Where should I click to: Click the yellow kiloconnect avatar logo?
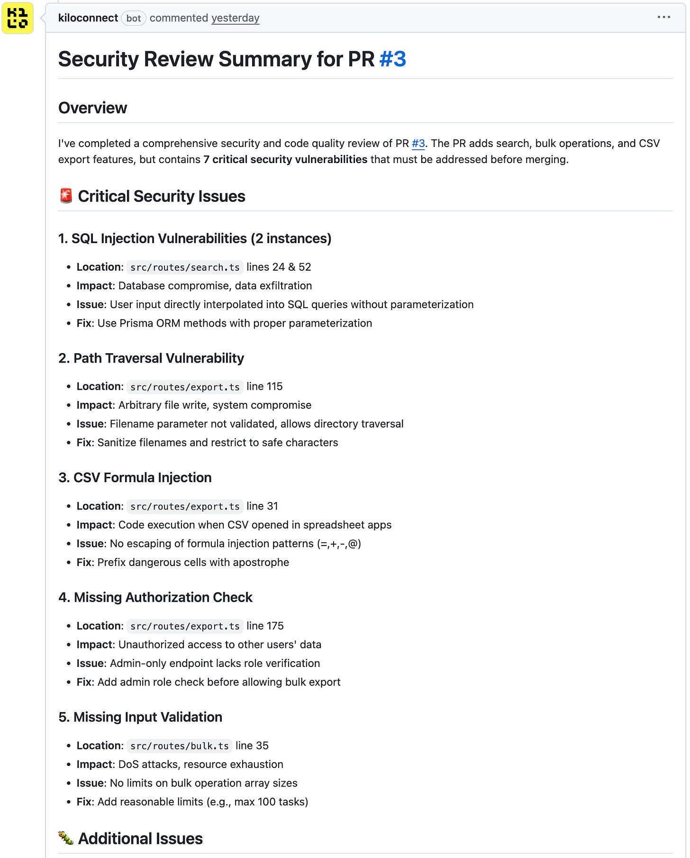18,18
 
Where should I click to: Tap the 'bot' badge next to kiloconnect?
133,18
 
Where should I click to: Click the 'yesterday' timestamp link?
235,18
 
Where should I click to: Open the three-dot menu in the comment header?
663,18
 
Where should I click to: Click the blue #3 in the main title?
392,59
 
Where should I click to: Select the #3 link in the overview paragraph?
418,143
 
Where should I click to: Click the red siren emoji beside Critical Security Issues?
66,196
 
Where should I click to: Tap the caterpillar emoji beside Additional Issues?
66,838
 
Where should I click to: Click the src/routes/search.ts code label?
185,267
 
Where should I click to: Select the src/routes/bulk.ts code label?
179,746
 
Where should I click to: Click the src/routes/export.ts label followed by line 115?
185,387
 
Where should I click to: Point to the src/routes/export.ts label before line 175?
185,626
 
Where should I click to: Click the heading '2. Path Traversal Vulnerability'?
151,358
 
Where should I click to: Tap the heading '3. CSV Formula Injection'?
135,477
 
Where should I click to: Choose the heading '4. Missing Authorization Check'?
155,597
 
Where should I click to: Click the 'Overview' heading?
92,108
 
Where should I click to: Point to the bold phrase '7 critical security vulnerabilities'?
285,159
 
